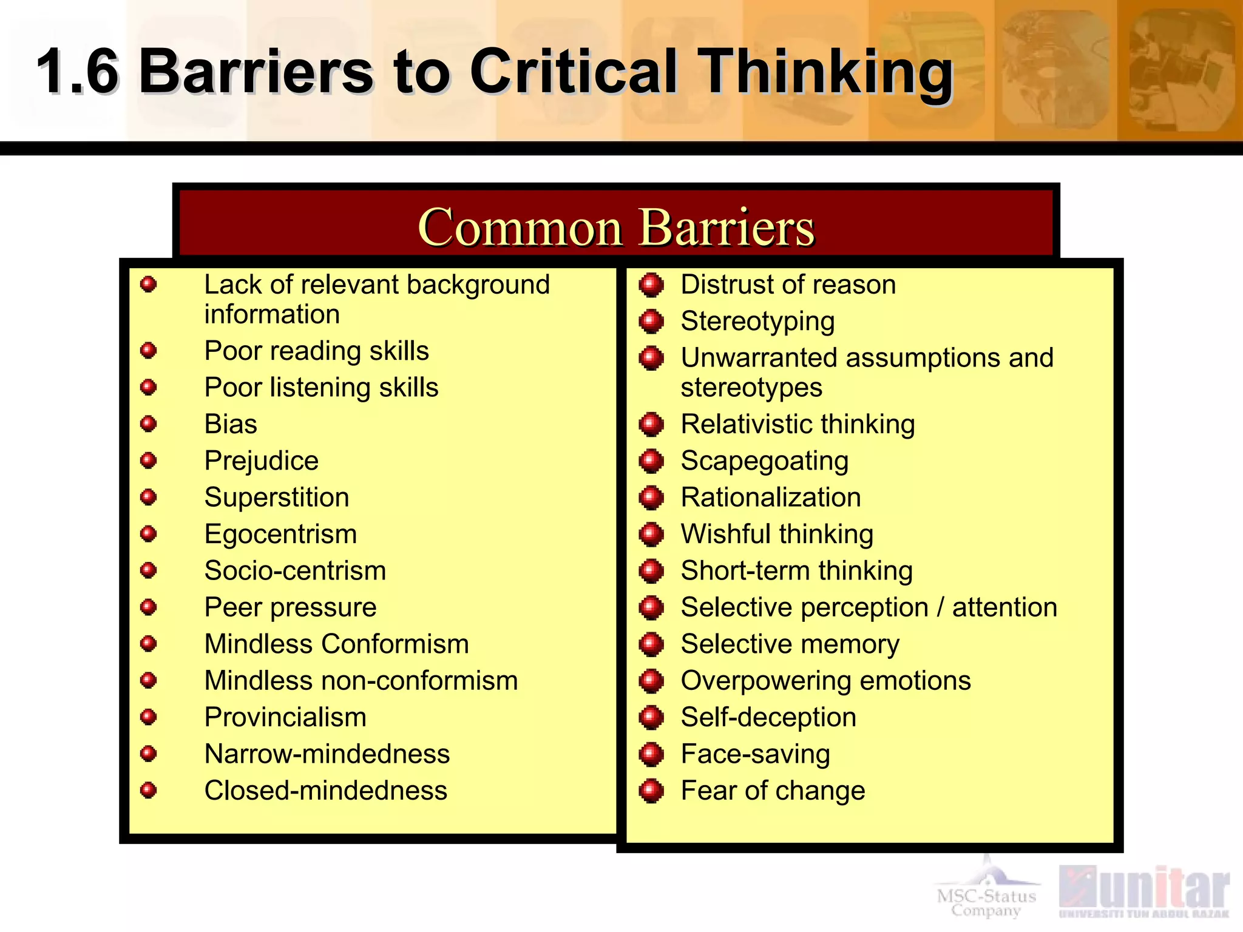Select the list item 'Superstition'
277,498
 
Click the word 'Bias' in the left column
231,424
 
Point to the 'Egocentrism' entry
280,534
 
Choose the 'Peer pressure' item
290,607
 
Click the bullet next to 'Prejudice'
149,461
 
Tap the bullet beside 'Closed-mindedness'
149,790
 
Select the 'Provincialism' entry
285,717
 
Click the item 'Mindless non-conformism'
361,681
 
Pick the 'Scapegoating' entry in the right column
765,461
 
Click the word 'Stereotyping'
757,321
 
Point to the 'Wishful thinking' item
777,535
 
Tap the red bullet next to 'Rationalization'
651,498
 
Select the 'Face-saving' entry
755,754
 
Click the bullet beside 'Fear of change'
651,791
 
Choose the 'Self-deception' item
768,717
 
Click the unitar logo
1144,891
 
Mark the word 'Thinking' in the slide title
825,73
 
